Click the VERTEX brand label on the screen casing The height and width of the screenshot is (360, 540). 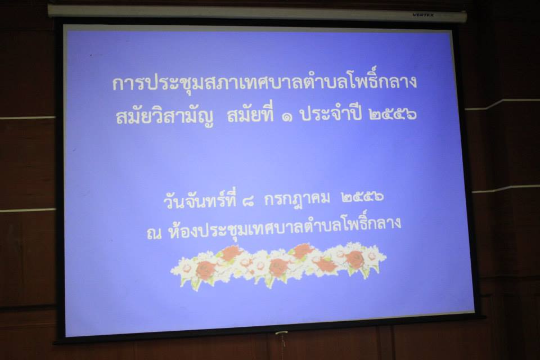point(423,15)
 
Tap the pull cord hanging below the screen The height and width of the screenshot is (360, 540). point(282,339)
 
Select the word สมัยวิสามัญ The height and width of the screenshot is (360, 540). point(164,116)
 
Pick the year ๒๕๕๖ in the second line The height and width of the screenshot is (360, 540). point(392,114)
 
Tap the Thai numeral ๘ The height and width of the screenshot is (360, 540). point(248,200)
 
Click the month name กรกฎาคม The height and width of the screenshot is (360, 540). point(297,199)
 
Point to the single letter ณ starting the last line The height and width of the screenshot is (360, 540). point(154,234)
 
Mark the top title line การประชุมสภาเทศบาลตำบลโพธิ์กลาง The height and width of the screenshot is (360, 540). point(264,83)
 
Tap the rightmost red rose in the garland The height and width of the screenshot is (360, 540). point(355,259)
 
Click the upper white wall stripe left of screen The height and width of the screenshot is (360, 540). point(28,118)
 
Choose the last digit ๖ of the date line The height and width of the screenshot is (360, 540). point(379,197)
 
